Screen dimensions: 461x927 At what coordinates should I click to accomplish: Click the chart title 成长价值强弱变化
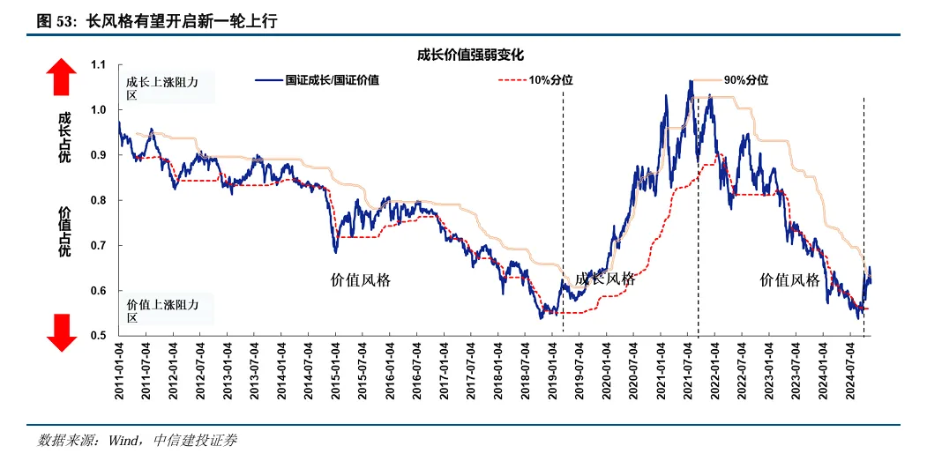pyautogui.click(x=471, y=55)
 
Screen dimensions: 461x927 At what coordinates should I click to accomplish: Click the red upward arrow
pyautogui.click(x=63, y=77)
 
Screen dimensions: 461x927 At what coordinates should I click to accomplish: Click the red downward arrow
pyautogui.click(x=63, y=332)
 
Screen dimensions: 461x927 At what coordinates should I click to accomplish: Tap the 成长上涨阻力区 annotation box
pyautogui.click(x=169, y=88)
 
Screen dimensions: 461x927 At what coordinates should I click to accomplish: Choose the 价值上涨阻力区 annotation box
pyautogui.click(x=169, y=310)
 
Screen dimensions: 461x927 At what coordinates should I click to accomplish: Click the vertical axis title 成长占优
pyautogui.click(x=64, y=136)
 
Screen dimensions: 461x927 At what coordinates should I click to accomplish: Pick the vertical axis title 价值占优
pyautogui.click(x=64, y=232)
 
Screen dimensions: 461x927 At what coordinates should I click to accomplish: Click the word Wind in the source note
pyautogui.click(x=124, y=440)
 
